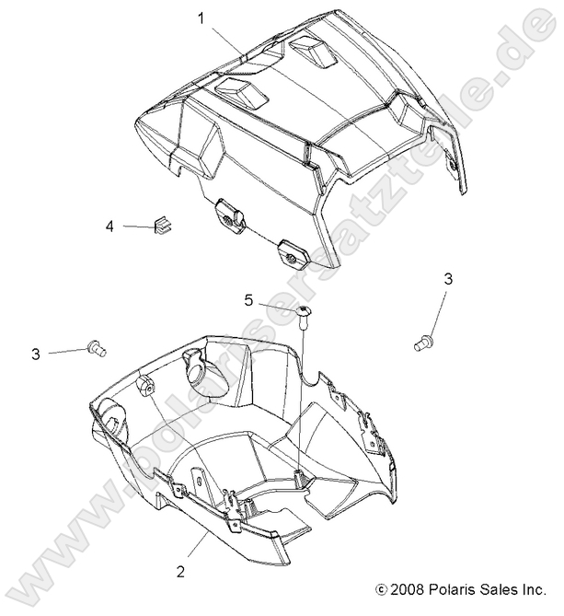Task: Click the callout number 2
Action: click(181, 571)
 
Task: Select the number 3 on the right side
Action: click(448, 279)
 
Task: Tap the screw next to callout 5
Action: click(304, 315)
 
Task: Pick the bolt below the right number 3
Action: click(424, 341)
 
